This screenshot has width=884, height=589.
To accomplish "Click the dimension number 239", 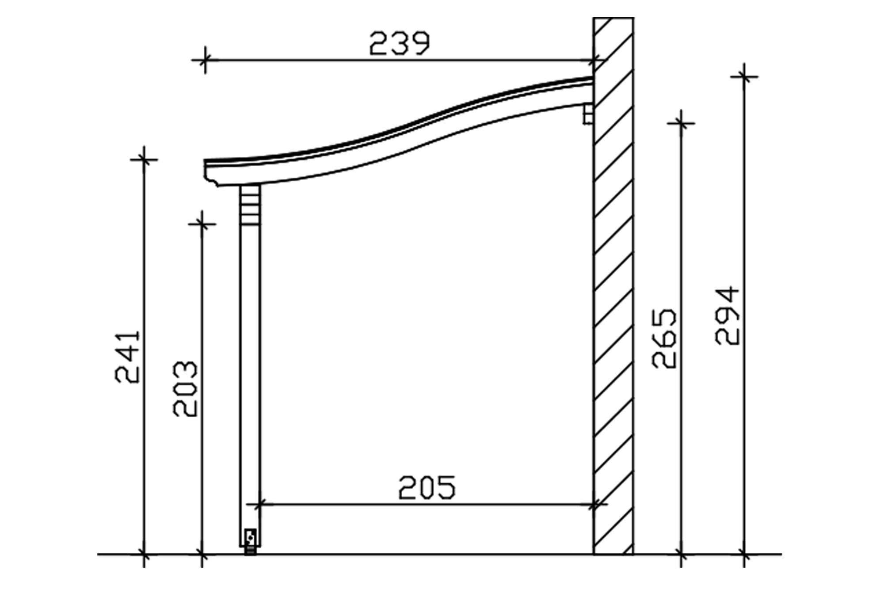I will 399,43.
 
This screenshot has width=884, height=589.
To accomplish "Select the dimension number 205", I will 427,487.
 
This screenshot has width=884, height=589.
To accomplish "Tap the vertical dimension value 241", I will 128,357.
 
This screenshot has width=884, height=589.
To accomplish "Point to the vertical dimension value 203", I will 185,389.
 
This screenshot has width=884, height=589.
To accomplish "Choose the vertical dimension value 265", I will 664,338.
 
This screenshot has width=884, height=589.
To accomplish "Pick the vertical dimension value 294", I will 727,315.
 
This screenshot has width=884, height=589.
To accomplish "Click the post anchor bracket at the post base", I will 250,541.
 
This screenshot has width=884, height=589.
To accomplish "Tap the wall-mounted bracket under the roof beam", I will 588,114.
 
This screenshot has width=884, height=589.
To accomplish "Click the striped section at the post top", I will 250,205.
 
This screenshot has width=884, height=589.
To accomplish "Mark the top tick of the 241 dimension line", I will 144,160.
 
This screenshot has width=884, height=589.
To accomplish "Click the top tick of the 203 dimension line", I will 202,224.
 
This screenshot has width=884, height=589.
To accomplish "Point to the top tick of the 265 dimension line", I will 681,123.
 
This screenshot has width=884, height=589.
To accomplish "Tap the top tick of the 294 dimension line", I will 744,77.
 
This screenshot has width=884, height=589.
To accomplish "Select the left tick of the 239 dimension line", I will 205,60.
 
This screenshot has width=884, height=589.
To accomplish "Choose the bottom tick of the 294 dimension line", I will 744,554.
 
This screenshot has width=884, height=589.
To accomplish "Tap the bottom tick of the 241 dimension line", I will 144,554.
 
